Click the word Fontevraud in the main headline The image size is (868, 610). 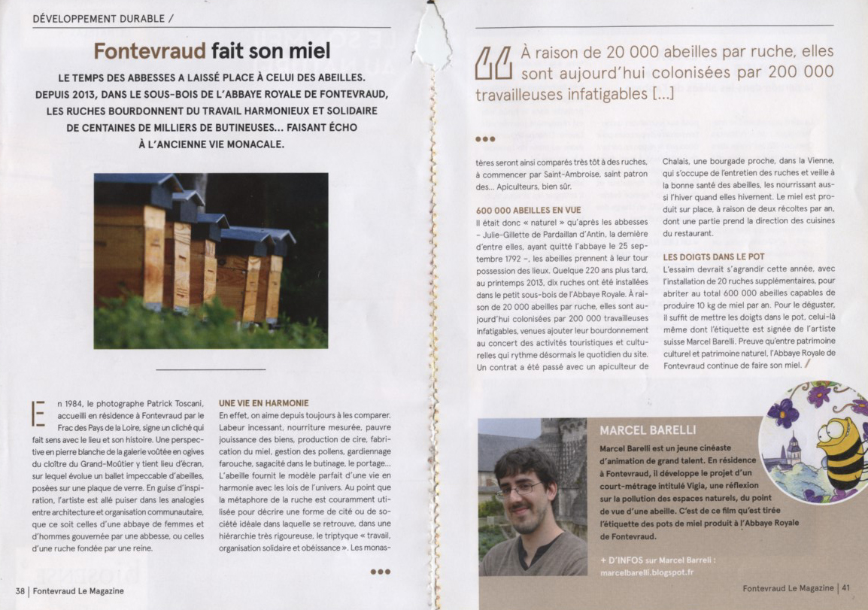coord(150,51)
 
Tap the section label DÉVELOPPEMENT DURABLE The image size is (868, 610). coord(99,18)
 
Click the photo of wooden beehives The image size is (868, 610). coord(211,260)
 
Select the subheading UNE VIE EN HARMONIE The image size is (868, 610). coord(263,403)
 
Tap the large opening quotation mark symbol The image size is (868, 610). coord(493,63)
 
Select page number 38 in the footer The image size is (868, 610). coord(21,591)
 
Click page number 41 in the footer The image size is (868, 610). coord(846,588)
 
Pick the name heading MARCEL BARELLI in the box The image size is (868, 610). coord(642,430)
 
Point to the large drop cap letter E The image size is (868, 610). coord(38,414)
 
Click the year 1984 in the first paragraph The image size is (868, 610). coord(78,404)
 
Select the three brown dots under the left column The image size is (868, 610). coord(381,572)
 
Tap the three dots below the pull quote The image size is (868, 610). coord(485,138)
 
